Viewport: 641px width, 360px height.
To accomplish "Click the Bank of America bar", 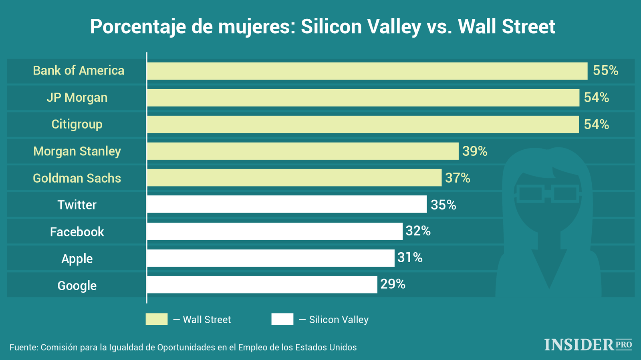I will tap(367, 71).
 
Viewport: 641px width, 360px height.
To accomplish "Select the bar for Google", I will tap(262, 285).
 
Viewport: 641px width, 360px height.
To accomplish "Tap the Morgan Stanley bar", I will tap(302, 151).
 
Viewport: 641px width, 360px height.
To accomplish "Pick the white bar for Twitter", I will tap(286, 204).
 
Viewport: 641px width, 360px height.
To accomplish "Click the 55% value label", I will tap(605, 70).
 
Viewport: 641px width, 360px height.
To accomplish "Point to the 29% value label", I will tap(393, 284).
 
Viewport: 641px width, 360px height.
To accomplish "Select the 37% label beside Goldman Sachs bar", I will tap(458, 177).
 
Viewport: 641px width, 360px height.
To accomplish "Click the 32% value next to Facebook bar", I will tap(418, 231).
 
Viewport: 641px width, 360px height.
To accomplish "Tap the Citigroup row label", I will tap(77, 124).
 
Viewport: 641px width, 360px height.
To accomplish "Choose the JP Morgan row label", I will tap(77, 97).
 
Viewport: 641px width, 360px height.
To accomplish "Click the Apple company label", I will tap(77, 259).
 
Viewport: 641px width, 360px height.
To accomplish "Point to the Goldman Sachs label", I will tap(77, 178).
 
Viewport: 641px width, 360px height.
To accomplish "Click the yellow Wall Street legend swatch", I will tap(157, 319).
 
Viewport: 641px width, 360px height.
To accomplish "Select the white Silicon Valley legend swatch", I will tap(282, 319).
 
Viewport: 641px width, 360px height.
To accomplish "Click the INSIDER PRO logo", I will tap(588, 345).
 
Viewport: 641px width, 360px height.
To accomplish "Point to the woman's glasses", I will tap(548, 193).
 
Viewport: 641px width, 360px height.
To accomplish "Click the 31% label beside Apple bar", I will tap(410, 257).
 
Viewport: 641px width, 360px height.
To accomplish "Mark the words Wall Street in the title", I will tap(506, 27).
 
